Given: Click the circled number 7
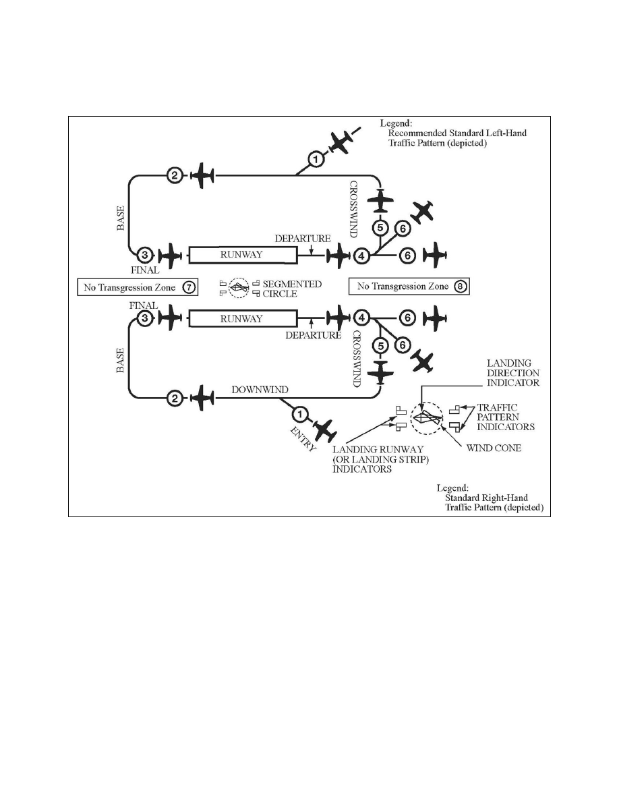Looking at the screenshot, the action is coord(189,288).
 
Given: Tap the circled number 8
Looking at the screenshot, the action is coord(461,287).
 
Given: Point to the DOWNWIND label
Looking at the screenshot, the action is coord(260,390).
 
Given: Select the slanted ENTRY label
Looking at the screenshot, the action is coord(303,439).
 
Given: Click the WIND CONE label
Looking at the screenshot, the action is coord(494,448).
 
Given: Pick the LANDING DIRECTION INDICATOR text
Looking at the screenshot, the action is coord(512,373).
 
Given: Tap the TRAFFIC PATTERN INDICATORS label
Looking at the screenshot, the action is coord(506,417).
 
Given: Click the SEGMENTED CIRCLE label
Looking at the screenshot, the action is coord(292,289).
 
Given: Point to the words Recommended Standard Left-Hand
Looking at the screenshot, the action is coord(457,133).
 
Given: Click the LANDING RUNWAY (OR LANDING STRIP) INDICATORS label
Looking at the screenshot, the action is coord(380,459).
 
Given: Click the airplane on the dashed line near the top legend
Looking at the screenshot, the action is coord(340,142).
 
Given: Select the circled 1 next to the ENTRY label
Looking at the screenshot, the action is coord(300,414).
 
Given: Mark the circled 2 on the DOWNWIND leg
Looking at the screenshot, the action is coord(175,398).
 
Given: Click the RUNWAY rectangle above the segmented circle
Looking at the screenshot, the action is coord(243,255).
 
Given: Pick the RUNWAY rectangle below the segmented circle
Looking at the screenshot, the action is coord(243,318).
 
